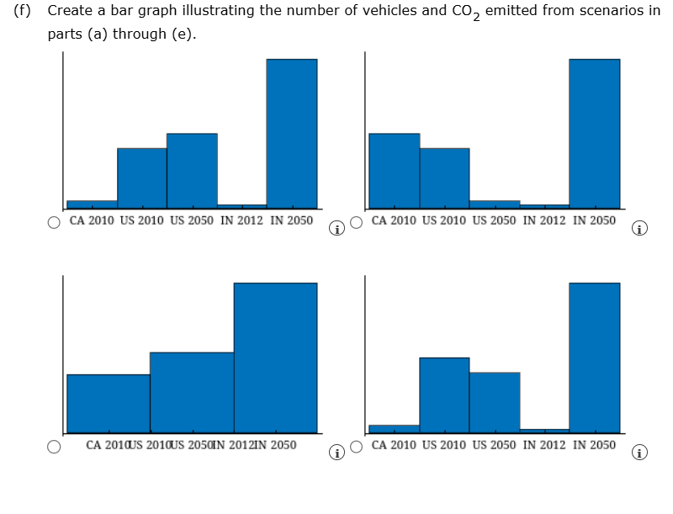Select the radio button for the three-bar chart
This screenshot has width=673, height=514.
[x=54, y=447]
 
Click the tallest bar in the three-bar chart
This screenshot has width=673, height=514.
[x=275, y=358]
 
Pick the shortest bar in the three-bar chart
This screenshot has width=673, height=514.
[x=109, y=403]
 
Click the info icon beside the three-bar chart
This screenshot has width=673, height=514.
[x=336, y=453]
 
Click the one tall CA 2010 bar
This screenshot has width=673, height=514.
[x=394, y=170]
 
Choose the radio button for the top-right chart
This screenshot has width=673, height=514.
[x=357, y=223]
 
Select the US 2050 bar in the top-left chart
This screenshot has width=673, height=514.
[x=192, y=170]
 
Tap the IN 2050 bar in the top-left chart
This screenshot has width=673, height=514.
[x=292, y=133]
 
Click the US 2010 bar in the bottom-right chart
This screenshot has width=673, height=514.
[x=444, y=395]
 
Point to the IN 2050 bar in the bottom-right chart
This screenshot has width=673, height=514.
[x=594, y=358]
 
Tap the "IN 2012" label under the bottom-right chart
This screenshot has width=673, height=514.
[x=544, y=445]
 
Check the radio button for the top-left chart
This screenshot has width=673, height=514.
[x=54, y=223]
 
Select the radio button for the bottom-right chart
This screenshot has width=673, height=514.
[x=357, y=447]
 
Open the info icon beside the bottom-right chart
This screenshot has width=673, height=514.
[x=639, y=453]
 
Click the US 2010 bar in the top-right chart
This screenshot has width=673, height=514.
[x=444, y=178]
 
